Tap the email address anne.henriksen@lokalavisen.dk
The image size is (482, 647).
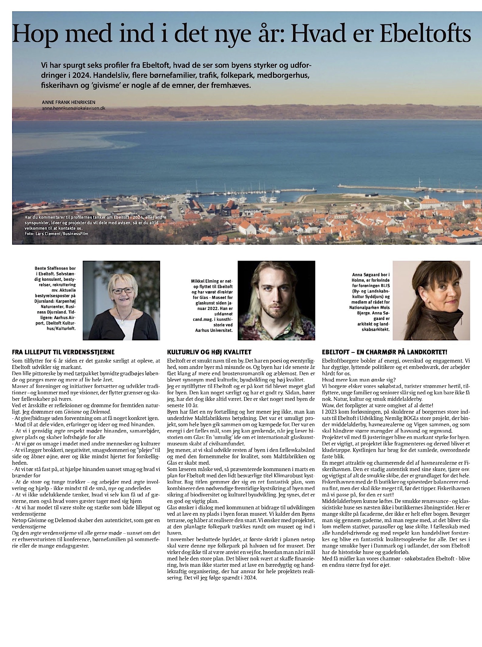[74, 108]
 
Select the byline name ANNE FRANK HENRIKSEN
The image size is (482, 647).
[67, 102]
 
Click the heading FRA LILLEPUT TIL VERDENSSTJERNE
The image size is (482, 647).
[63, 353]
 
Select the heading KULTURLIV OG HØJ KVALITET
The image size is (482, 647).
[209, 353]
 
